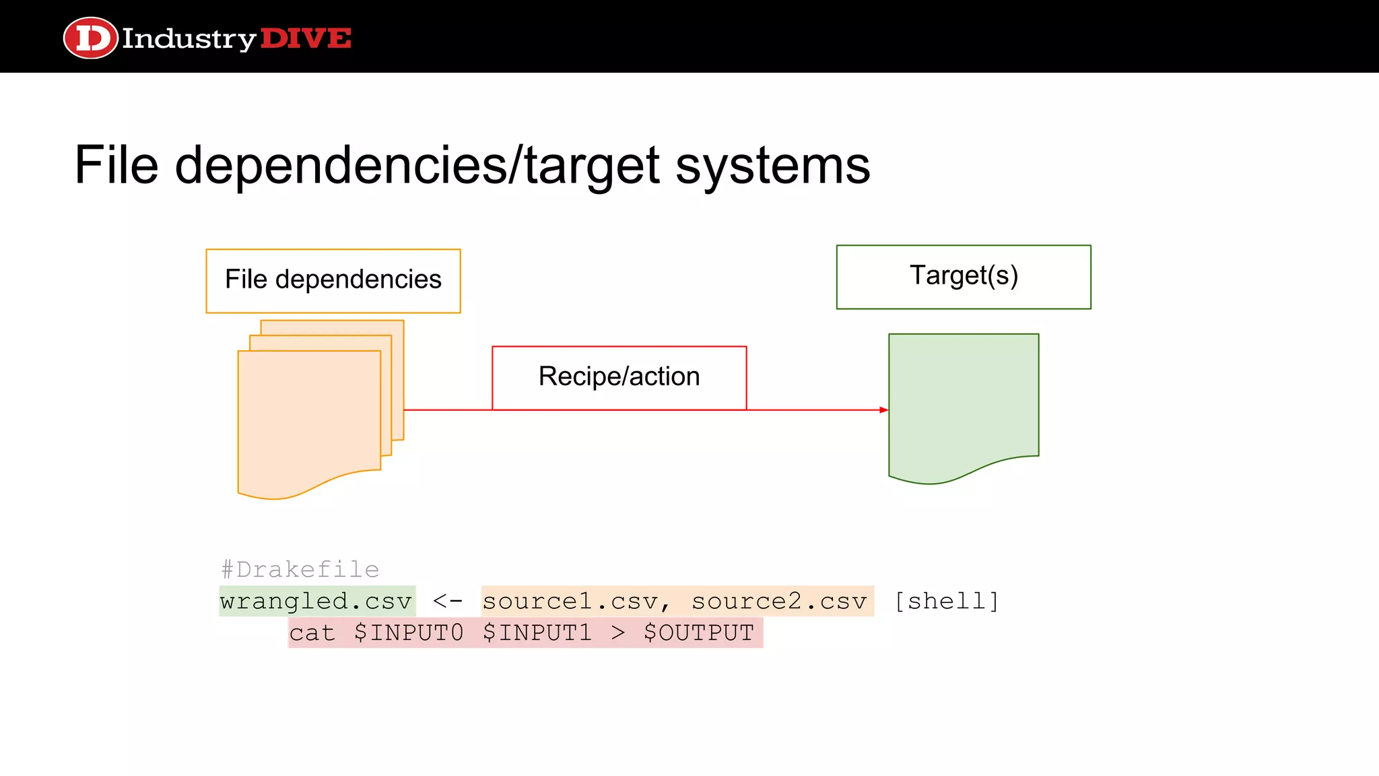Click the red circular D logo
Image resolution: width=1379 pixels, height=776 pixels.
click(90, 38)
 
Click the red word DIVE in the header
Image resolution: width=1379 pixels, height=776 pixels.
click(306, 38)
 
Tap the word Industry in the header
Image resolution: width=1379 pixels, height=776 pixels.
click(189, 39)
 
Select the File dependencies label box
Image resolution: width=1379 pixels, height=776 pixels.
click(333, 280)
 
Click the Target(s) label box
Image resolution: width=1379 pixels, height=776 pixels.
click(964, 276)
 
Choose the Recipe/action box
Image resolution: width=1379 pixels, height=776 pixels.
click(619, 377)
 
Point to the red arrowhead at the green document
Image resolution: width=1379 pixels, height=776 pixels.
click(883, 410)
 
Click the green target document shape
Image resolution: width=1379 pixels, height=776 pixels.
click(964, 404)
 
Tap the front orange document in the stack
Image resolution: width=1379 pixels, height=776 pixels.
click(309, 418)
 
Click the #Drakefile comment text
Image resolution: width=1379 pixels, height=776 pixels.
click(300, 570)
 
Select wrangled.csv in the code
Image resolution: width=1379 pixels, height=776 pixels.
click(316, 601)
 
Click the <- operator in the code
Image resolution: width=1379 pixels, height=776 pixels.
click(448, 601)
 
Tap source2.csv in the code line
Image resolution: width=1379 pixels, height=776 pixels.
click(779, 601)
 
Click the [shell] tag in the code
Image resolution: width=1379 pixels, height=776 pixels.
click(947, 601)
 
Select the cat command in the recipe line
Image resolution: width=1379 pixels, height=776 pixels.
click(312, 633)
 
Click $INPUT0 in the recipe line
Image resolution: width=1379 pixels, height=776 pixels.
click(409, 633)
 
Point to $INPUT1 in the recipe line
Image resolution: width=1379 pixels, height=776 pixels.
click(537, 633)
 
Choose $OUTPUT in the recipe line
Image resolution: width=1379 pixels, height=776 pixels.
click(698, 633)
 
